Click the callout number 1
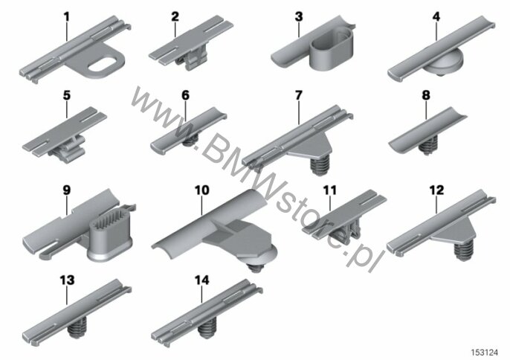click(67, 16)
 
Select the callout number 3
click(299, 16)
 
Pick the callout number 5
click(67, 95)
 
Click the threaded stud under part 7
click(320, 165)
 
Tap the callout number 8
click(426, 95)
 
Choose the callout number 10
click(201, 190)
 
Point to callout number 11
click(330, 190)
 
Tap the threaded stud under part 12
click(464, 251)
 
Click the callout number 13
click(67, 280)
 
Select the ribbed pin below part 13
click(77, 328)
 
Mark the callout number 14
click(202, 280)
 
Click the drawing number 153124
click(485, 353)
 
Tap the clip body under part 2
click(193, 58)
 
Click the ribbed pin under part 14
click(207, 328)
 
